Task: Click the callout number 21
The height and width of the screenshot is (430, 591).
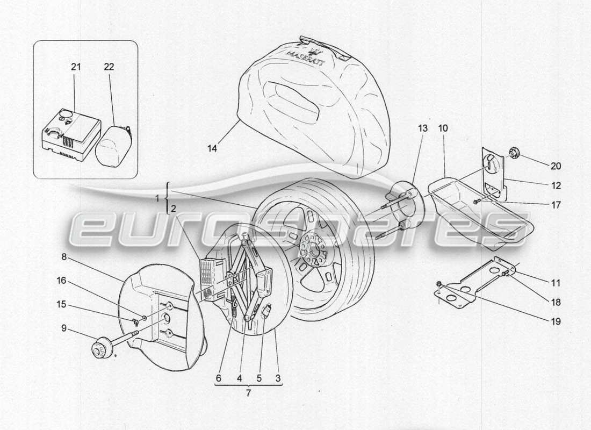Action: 75,67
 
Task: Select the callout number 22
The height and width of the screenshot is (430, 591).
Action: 109,67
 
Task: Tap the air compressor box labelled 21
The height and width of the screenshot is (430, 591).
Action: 70,134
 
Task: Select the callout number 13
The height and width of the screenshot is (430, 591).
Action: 423,129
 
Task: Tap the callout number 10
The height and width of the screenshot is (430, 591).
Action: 443,129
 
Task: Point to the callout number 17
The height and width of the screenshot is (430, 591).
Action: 556,205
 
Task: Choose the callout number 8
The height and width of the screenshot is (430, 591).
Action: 64,257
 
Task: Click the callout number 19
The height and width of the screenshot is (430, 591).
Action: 556,322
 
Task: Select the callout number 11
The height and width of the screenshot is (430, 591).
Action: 556,282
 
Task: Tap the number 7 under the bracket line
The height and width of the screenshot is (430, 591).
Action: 248,393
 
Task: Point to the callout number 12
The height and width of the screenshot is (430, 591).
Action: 556,185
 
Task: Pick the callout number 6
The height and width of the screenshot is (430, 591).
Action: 218,378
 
